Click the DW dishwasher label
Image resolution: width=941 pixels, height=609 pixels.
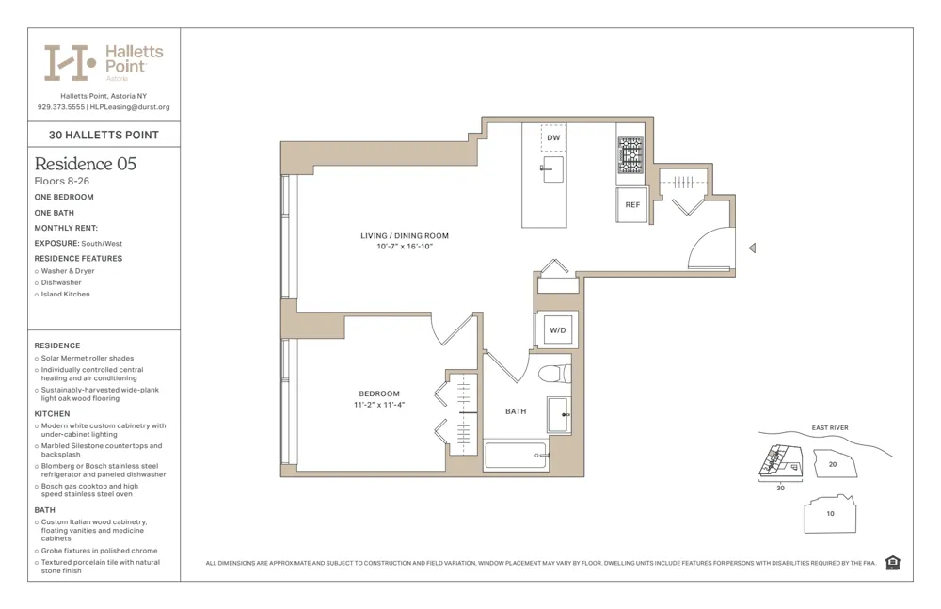[x=553, y=138]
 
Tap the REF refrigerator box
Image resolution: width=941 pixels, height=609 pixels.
[x=632, y=204]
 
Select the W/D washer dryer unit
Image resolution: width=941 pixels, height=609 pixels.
[x=557, y=330]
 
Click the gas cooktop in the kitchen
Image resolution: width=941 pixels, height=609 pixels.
[x=630, y=154]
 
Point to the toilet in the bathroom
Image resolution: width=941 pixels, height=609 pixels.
[x=555, y=374]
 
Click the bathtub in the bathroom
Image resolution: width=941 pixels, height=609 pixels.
[x=516, y=456]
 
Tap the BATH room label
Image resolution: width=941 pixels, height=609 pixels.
[x=516, y=411]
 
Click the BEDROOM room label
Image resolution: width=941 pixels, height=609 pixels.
[x=379, y=393]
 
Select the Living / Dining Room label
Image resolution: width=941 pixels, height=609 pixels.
[x=405, y=235]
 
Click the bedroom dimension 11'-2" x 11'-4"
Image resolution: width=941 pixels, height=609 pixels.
[x=379, y=405]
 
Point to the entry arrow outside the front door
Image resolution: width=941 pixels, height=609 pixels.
[x=751, y=248]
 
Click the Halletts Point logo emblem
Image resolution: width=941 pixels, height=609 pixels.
[x=71, y=63]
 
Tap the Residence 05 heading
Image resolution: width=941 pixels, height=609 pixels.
[x=86, y=164]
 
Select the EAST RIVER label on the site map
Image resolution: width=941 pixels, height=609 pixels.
[x=830, y=428]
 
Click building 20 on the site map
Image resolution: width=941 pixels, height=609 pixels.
[x=832, y=463]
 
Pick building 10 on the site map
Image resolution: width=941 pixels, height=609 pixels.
[x=829, y=514]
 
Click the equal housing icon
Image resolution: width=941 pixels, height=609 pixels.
[x=892, y=563]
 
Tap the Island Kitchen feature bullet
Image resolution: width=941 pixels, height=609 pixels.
[x=65, y=294]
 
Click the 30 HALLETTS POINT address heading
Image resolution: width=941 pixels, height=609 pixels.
[x=104, y=135]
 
